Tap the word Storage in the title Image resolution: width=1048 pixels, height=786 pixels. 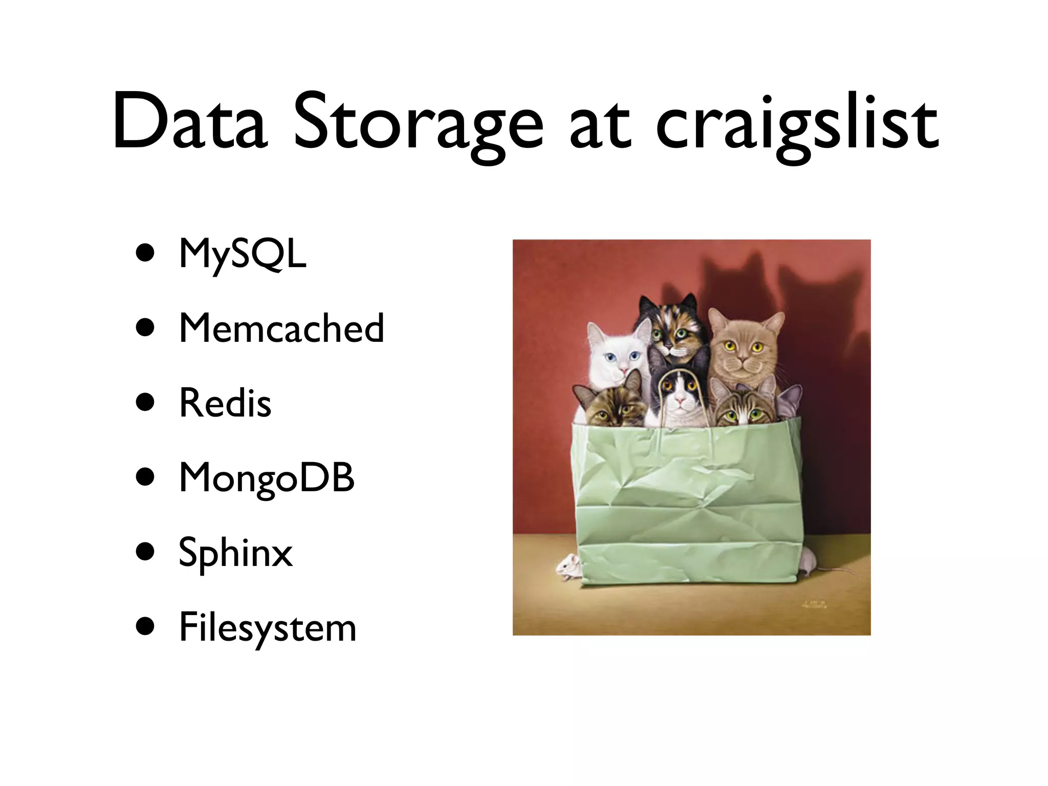click(417, 125)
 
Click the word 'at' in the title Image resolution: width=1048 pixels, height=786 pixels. click(599, 125)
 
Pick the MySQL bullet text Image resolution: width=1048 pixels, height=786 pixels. click(243, 254)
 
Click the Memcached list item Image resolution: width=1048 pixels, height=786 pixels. click(281, 329)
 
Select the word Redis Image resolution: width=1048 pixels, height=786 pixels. click(225, 403)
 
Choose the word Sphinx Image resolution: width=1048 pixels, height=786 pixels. click(235, 553)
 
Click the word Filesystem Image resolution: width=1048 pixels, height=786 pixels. click(267, 628)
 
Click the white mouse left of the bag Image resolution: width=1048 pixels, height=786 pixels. click(567, 566)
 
